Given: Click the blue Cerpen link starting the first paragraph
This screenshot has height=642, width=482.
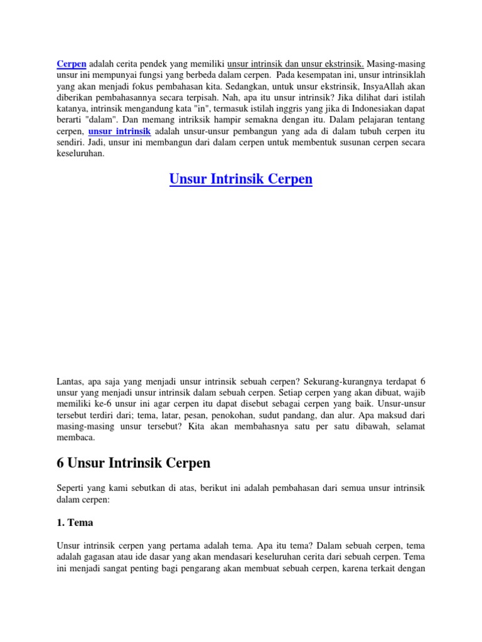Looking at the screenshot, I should (x=72, y=64).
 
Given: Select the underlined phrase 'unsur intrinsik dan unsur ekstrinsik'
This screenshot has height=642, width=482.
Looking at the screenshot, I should (x=295, y=64).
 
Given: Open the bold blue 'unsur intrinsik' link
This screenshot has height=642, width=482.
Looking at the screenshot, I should (x=119, y=132).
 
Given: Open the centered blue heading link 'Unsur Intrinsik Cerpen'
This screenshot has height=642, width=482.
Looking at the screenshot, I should (x=241, y=180).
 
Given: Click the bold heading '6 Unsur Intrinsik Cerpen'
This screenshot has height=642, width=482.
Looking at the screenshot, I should (x=134, y=463).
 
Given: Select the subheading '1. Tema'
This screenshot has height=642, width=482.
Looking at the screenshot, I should (x=75, y=521).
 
